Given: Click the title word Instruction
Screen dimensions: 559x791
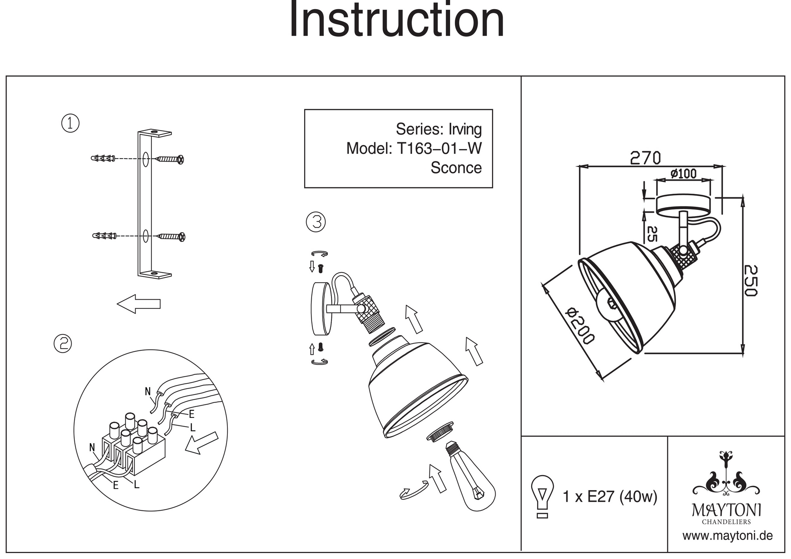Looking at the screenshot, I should (x=397, y=20).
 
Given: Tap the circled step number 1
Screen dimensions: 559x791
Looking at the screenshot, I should (x=70, y=124).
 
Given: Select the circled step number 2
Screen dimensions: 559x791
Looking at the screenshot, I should (x=63, y=344).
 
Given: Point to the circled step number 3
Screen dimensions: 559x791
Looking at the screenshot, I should (x=316, y=222).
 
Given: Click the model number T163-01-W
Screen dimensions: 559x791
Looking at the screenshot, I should (x=439, y=149).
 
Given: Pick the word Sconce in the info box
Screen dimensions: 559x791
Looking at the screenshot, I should (x=456, y=168).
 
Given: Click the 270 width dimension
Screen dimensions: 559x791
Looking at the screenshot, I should (x=645, y=158).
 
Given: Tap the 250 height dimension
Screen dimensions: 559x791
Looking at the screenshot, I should (x=750, y=280).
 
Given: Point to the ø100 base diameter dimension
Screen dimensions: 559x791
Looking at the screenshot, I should (x=683, y=174).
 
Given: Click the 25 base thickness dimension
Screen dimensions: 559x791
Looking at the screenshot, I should (x=652, y=234).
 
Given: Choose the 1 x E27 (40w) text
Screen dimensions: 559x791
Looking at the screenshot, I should (x=610, y=496).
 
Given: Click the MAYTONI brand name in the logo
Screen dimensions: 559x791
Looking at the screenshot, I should (x=727, y=510).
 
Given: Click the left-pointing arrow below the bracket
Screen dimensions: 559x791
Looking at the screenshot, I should (x=139, y=304).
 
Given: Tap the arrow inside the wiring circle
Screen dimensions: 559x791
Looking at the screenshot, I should (x=201, y=443).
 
